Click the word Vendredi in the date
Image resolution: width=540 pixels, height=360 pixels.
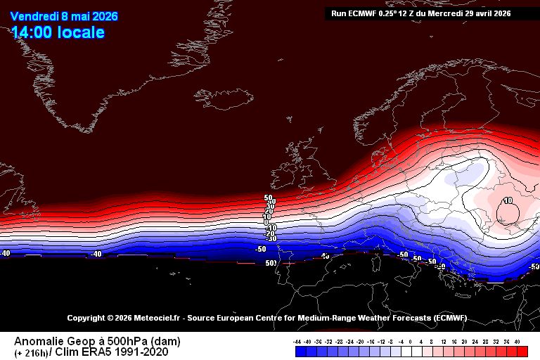[34, 16]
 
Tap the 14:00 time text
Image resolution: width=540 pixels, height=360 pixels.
[32, 32]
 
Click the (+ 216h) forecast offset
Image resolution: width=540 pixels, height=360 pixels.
[31, 352]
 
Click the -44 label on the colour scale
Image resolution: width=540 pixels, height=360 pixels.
[298, 341]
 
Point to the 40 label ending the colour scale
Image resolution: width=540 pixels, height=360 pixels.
[517, 341]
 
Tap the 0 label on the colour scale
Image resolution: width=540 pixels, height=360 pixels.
[411, 341]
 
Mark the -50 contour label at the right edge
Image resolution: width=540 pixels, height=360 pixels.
[534, 267]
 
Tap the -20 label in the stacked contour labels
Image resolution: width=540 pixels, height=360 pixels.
[269, 233]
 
